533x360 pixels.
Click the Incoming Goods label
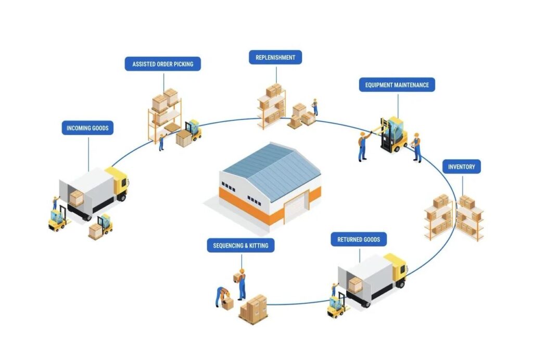[87, 128]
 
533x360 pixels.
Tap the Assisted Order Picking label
[163, 64]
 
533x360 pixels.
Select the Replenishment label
[275, 57]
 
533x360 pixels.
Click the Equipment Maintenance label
[397, 85]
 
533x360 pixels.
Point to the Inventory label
[462, 167]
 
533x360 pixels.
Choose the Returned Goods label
[359, 239]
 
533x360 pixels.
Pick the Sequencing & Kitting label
[240, 245]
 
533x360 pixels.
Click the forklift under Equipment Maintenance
[394, 134]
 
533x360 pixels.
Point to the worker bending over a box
[222, 296]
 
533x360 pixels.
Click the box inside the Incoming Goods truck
[76, 198]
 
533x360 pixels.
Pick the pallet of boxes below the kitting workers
[253, 309]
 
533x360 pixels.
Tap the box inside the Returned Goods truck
[355, 285]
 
